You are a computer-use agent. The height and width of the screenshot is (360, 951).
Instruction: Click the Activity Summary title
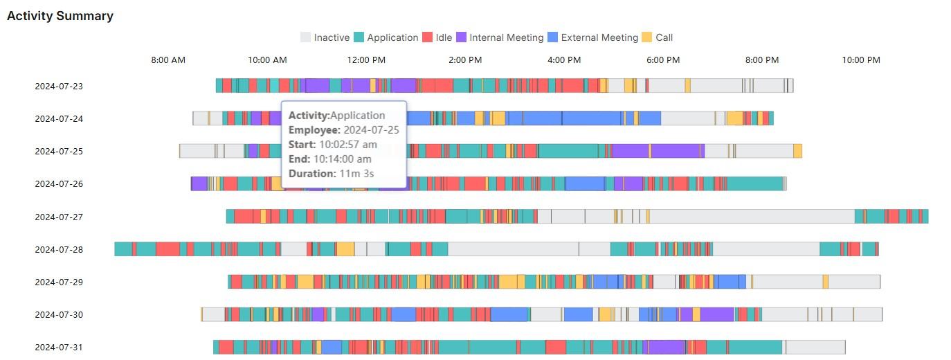[60, 16]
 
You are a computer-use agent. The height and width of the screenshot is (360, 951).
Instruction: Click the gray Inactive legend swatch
[305, 37]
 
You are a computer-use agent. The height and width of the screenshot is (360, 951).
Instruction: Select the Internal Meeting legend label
[506, 37]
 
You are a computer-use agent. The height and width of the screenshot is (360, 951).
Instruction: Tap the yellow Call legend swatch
[646, 37]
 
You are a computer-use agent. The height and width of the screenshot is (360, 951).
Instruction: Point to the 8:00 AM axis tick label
[168, 60]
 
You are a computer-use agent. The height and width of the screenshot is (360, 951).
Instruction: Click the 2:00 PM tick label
[465, 60]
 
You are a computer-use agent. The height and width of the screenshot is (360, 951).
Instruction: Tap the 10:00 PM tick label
[861, 60]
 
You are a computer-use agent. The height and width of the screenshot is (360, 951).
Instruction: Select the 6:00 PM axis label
[663, 60]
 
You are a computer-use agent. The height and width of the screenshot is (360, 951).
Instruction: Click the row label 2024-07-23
[59, 87]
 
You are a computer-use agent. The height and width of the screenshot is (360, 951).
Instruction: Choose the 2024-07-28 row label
[59, 249]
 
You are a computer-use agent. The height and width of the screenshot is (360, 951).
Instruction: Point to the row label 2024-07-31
[59, 347]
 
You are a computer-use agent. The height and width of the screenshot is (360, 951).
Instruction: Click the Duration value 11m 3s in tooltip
[356, 173]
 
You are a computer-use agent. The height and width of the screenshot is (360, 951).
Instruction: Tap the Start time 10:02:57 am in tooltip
[347, 145]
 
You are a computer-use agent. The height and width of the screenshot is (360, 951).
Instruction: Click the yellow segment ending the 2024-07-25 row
[797, 151]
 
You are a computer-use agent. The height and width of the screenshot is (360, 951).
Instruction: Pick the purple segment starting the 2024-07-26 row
[199, 183]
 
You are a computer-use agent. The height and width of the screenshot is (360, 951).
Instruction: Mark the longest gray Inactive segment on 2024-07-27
[752, 216]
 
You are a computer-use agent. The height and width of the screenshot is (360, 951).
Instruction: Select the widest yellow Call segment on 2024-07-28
[345, 249]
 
